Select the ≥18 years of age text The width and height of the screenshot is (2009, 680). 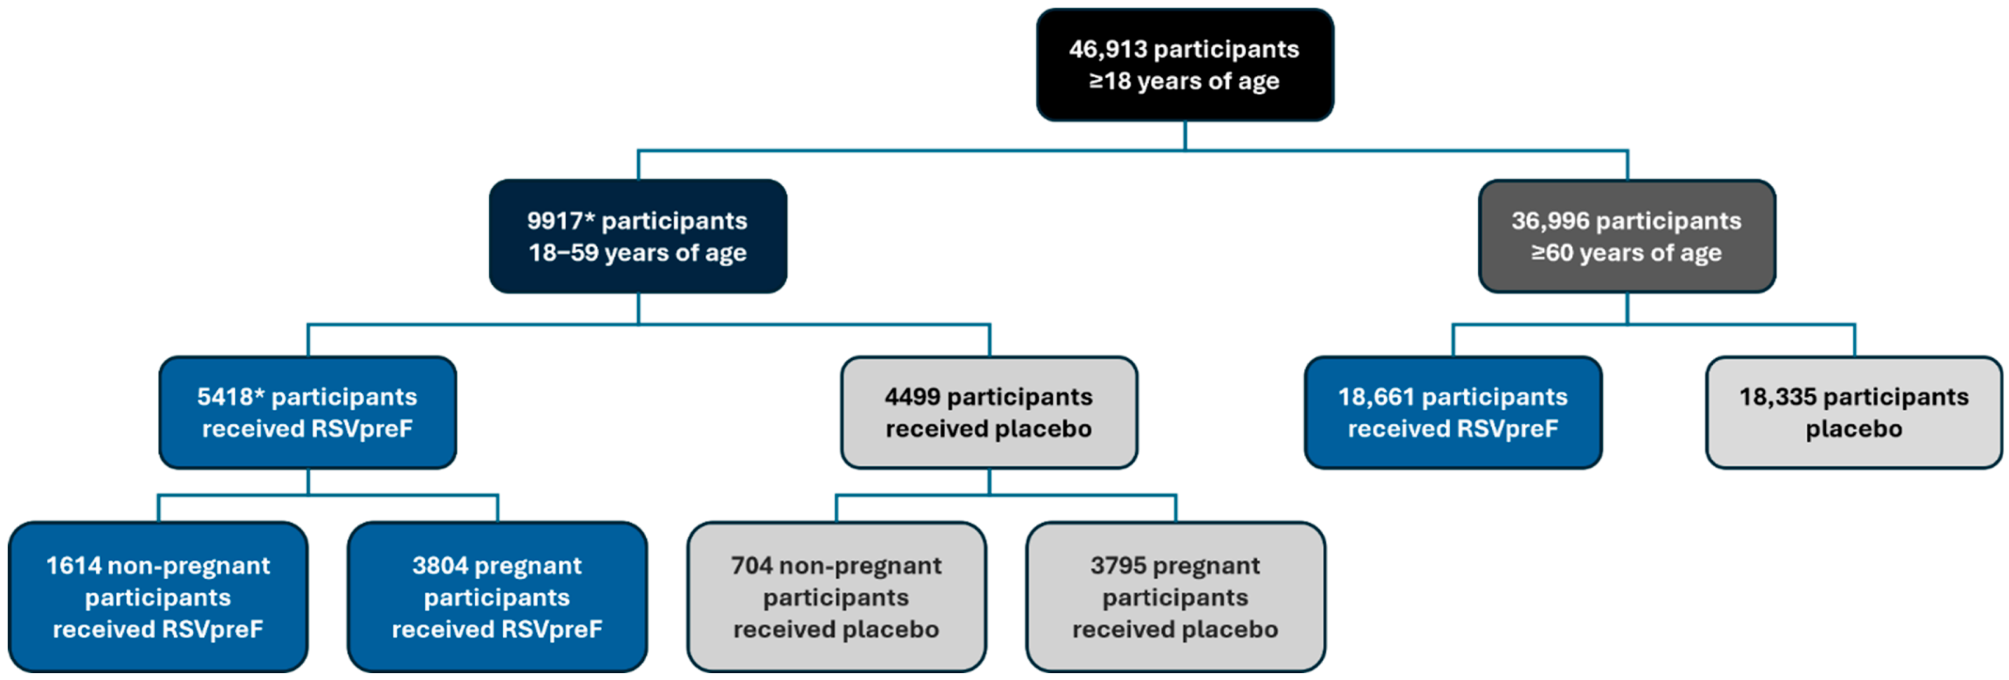[x=1184, y=81]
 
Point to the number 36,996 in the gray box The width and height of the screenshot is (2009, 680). [x=1550, y=221]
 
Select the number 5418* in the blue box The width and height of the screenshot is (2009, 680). [x=231, y=397]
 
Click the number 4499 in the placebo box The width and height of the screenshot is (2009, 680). [x=912, y=397]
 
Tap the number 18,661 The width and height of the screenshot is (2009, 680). [x=1376, y=397]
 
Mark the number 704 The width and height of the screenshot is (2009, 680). [x=751, y=565]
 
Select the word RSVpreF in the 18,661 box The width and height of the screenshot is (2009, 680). [x=1503, y=429]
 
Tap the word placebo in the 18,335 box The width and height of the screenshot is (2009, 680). [x=1854, y=429]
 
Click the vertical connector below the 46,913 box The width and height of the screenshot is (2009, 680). [x=1185, y=135]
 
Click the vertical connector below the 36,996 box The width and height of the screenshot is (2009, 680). [x=1627, y=308]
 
